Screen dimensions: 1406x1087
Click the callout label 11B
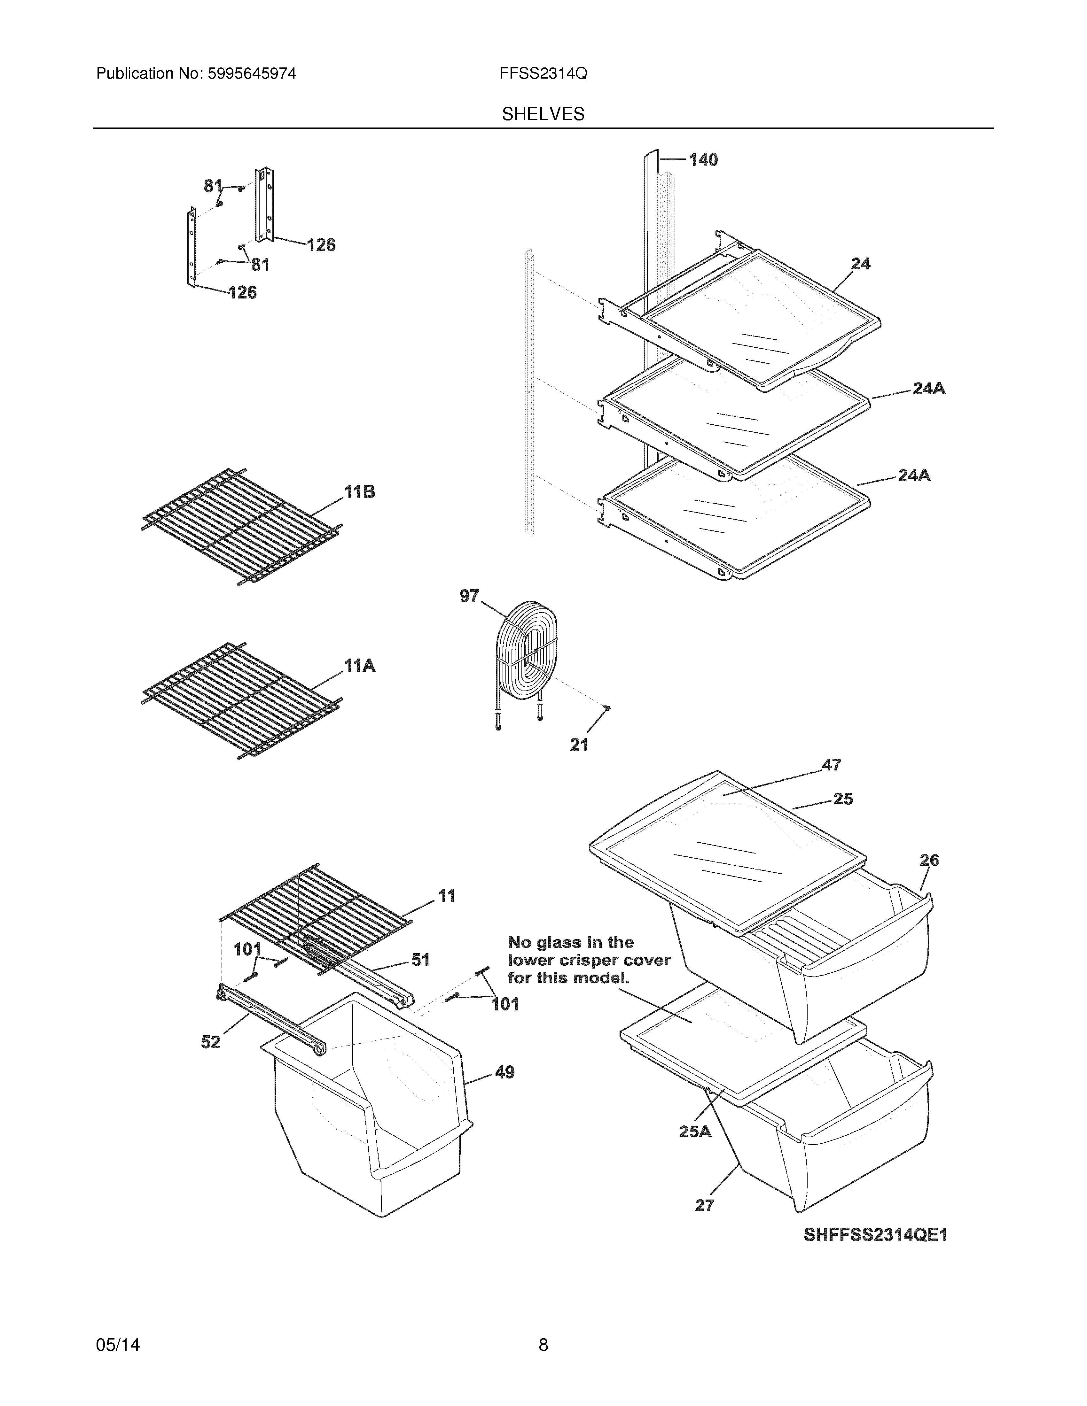[359, 492]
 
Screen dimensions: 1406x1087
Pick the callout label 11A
[359, 666]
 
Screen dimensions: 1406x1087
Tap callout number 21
[579, 745]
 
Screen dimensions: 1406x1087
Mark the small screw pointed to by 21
[606, 708]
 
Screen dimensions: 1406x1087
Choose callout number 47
[831, 765]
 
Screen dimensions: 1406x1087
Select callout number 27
[705, 1205]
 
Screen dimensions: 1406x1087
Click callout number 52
[211, 1042]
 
